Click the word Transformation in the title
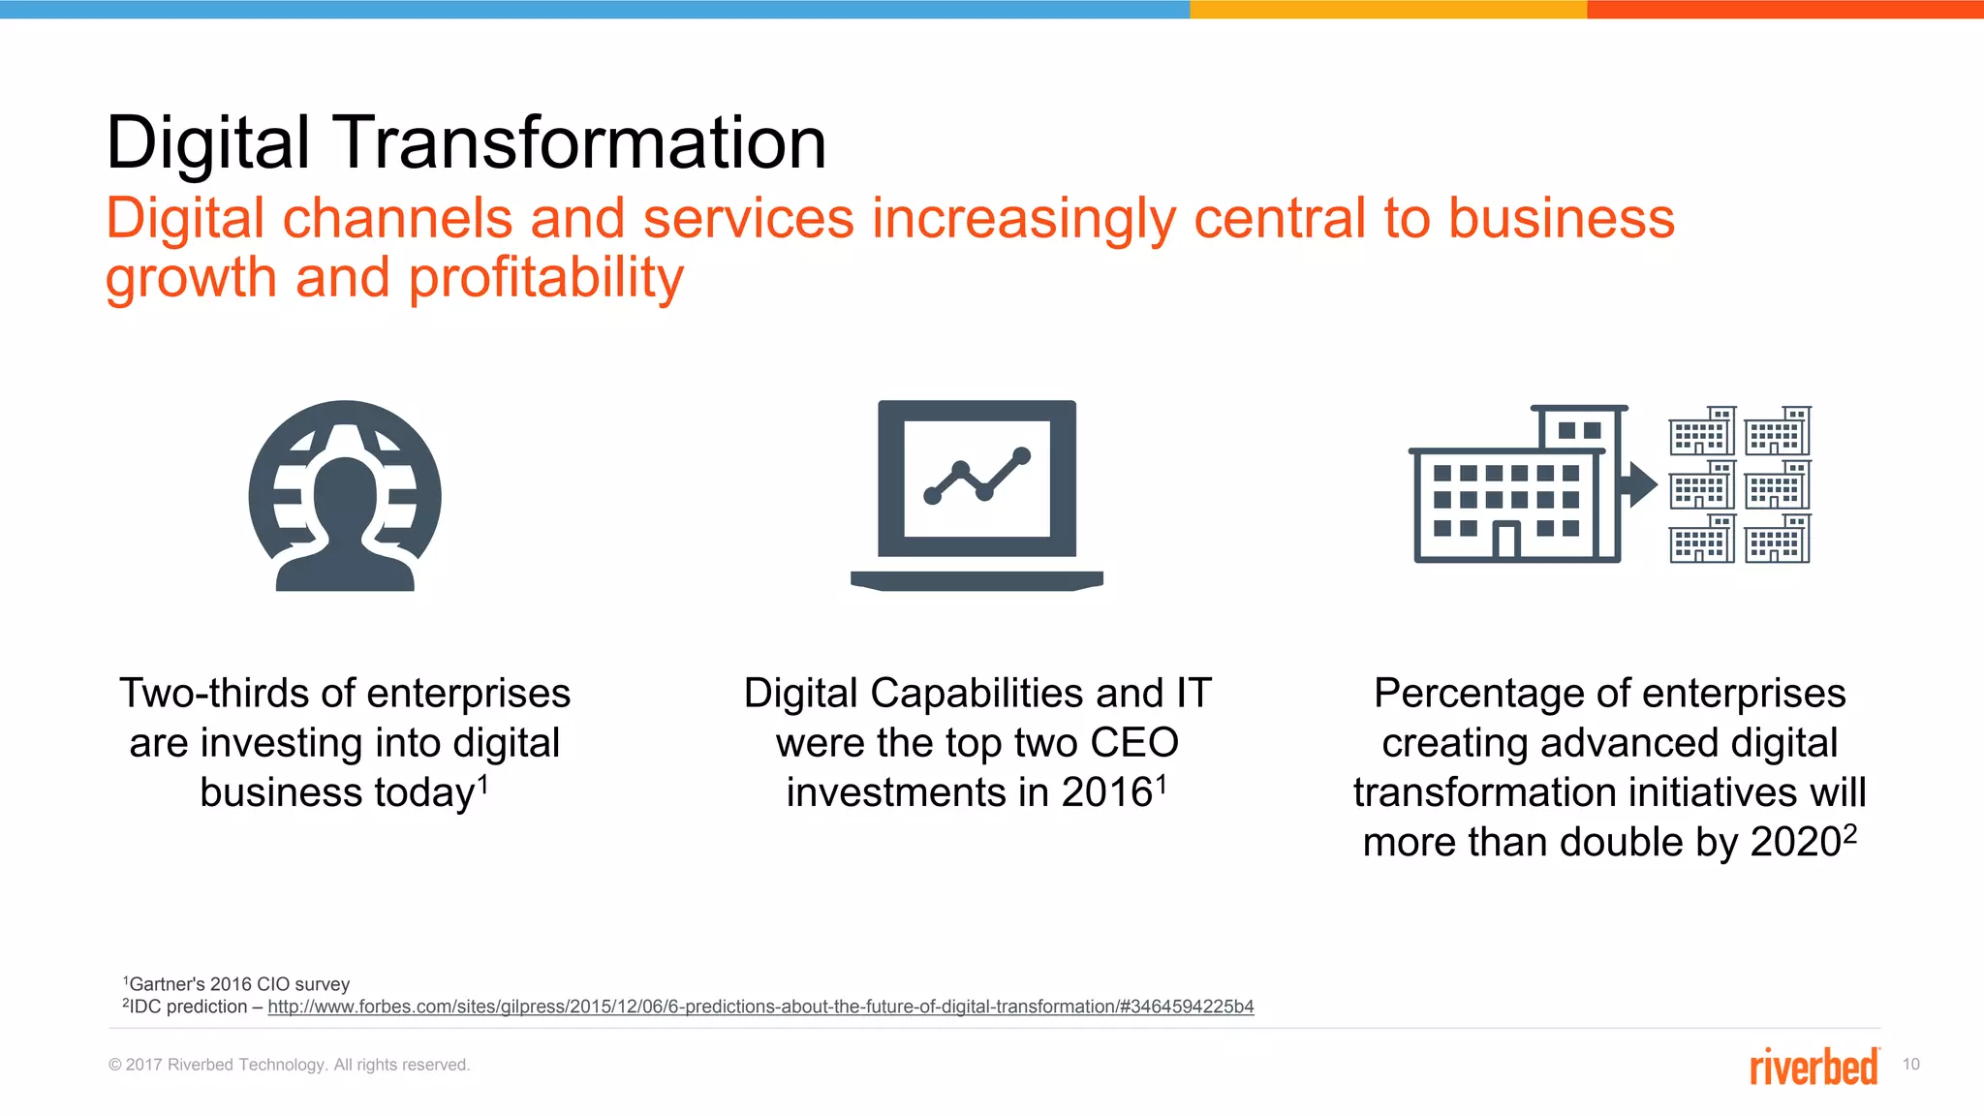coord(581,143)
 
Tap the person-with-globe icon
coord(345,496)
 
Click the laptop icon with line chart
coord(976,494)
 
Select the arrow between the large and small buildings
coord(1639,484)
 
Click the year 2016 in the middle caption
coord(1106,793)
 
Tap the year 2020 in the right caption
coord(1795,843)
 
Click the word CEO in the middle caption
coord(1133,744)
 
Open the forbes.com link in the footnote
coord(760,1007)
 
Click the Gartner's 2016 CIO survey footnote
coord(237,984)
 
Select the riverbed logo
coord(1813,1066)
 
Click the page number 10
coord(1910,1065)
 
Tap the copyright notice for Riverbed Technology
coord(289,1065)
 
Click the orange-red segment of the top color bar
coord(1784,9)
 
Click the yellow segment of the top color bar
coord(1387,9)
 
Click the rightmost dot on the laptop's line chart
coord(1021,455)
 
